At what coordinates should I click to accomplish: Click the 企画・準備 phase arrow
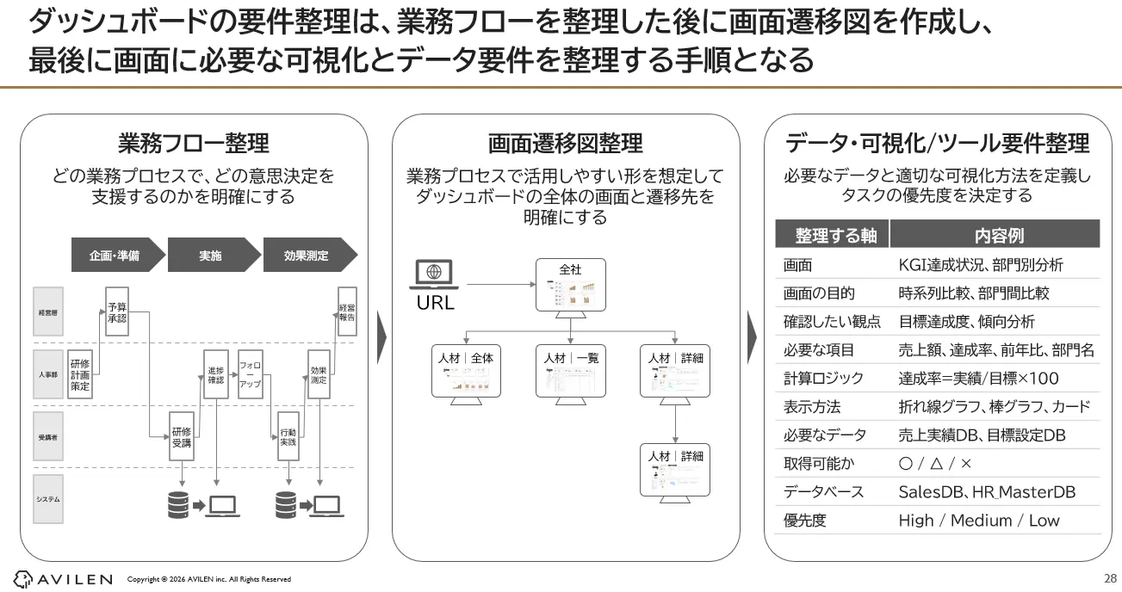[115, 256]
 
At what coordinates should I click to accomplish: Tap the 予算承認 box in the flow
[117, 311]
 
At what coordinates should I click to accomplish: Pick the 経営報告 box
[347, 311]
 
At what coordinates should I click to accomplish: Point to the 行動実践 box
[288, 436]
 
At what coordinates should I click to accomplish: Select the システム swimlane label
[48, 499]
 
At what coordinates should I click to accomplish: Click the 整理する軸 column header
[830, 235]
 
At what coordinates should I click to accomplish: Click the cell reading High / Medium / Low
[979, 521]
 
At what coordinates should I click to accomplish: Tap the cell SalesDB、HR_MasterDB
[987, 492]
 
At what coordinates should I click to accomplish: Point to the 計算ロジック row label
[823, 378]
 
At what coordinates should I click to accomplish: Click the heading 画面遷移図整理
[565, 143]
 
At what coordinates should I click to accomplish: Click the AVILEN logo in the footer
[63, 579]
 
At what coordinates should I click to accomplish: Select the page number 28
[1109, 577]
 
